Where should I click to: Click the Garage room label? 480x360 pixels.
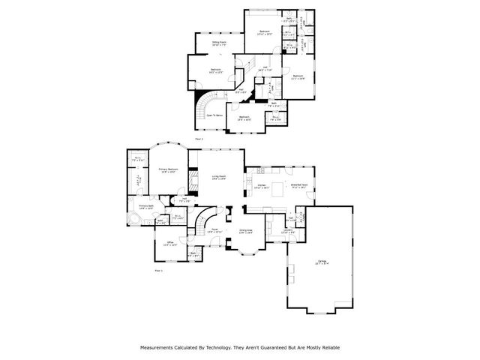(323, 262)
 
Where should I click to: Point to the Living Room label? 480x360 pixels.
(219, 178)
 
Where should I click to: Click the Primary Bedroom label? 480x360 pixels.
(168, 170)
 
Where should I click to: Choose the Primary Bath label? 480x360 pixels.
(145, 206)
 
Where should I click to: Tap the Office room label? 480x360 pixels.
(170, 244)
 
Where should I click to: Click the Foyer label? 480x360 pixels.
(214, 231)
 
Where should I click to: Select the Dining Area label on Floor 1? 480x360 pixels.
(245, 231)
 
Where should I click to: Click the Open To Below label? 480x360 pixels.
(216, 115)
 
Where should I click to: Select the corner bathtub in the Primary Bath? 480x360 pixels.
(133, 219)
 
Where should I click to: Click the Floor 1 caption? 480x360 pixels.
(157, 270)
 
